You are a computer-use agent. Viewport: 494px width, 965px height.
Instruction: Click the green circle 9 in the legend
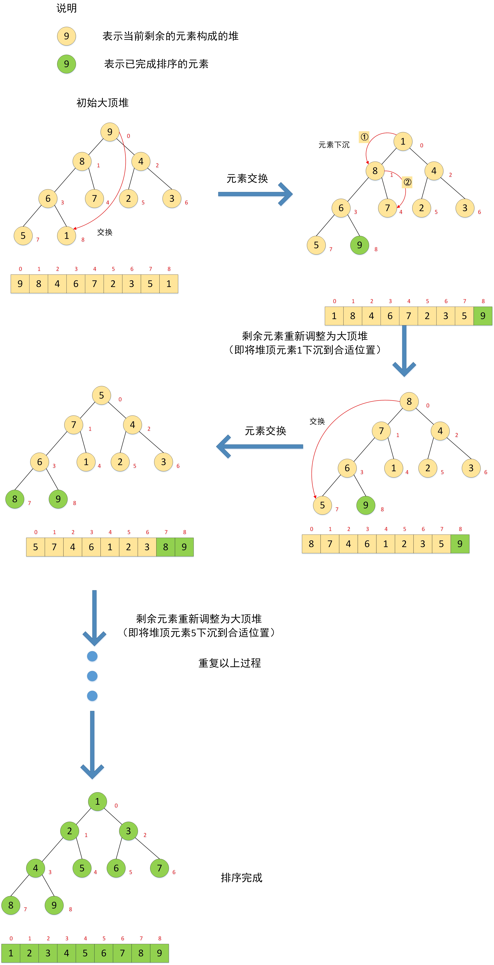(x=66, y=64)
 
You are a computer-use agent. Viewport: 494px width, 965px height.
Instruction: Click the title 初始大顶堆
(x=102, y=103)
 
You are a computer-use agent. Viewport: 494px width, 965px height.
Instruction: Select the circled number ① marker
(x=364, y=137)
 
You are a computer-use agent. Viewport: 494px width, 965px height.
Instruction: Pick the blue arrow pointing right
(x=255, y=194)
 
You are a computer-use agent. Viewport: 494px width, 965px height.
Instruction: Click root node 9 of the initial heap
(x=110, y=132)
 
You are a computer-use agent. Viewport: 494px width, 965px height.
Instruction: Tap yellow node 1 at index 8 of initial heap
(x=66, y=236)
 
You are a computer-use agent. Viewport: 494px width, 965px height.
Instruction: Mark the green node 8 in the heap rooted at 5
(x=15, y=499)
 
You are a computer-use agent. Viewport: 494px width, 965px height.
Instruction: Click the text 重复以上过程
(x=229, y=663)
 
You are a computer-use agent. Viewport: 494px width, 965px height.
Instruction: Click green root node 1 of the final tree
(x=97, y=801)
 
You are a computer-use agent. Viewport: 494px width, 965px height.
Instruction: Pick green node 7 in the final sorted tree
(x=159, y=868)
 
